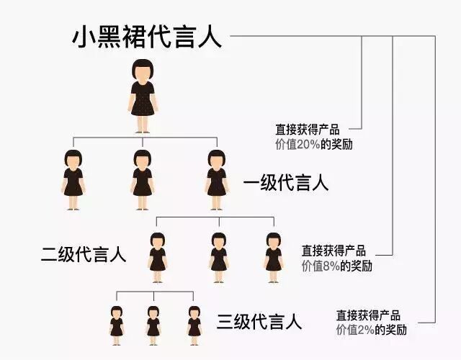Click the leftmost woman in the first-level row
(72, 180)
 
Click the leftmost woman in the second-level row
(158, 252)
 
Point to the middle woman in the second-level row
(219, 252)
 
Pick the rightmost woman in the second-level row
(273, 252)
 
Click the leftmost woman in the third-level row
(117, 322)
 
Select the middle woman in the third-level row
(153, 322)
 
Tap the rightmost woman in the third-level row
(194, 322)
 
